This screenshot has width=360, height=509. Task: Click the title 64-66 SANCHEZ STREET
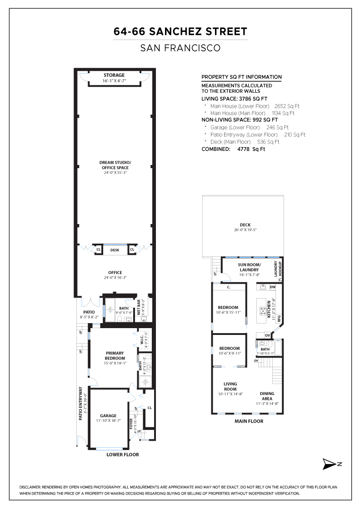click(180, 31)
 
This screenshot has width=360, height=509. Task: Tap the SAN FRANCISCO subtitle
click(180, 47)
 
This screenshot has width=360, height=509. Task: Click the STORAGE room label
click(114, 75)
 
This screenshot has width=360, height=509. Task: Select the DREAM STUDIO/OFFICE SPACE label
click(115, 165)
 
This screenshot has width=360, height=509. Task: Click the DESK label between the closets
click(115, 250)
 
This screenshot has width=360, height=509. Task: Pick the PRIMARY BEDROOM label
click(115, 355)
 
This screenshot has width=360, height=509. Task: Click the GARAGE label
click(108, 415)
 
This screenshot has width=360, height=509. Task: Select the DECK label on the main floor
click(245, 225)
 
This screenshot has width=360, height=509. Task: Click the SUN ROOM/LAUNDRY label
click(249, 267)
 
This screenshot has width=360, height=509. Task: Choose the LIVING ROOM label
click(230, 386)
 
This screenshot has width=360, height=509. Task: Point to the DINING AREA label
click(267, 396)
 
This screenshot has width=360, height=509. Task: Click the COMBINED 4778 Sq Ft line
click(233, 149)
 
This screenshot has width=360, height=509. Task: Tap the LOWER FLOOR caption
click(123, 454)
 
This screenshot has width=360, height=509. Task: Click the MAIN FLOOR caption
click(249, 421)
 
